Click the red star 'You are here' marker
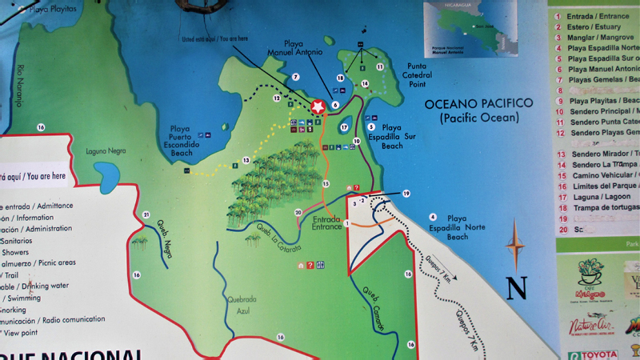point(318,106)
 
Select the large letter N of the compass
point(517,287)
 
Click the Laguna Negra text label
point(106,151)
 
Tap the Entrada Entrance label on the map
point(327,222)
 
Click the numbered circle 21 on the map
point(146,214)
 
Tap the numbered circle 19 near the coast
point(406,194)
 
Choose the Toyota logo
point(592,353)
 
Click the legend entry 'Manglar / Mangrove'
point(597,37)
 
